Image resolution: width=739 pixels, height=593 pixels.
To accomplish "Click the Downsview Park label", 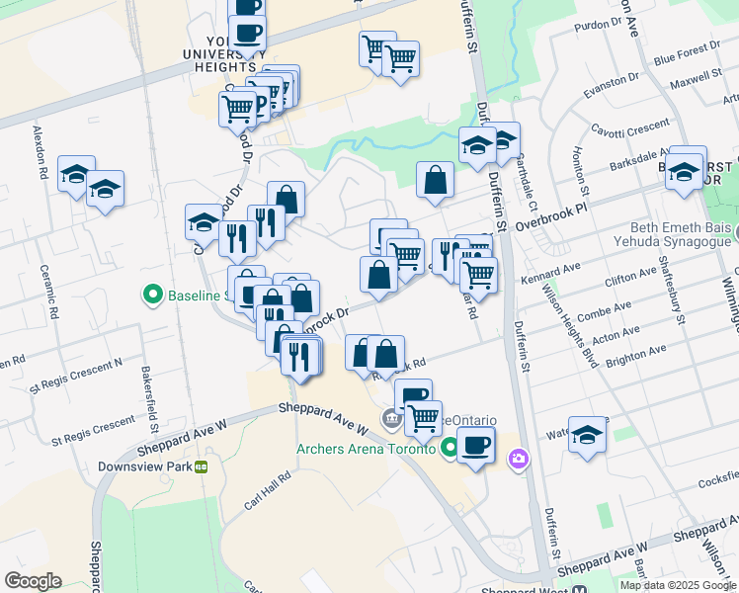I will click(144, 466).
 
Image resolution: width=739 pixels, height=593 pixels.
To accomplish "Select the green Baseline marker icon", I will click(153, 295).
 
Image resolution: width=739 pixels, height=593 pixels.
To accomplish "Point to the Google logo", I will click(33, 581).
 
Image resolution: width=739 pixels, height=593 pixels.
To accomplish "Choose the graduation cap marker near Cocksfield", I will click(587, 435).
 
